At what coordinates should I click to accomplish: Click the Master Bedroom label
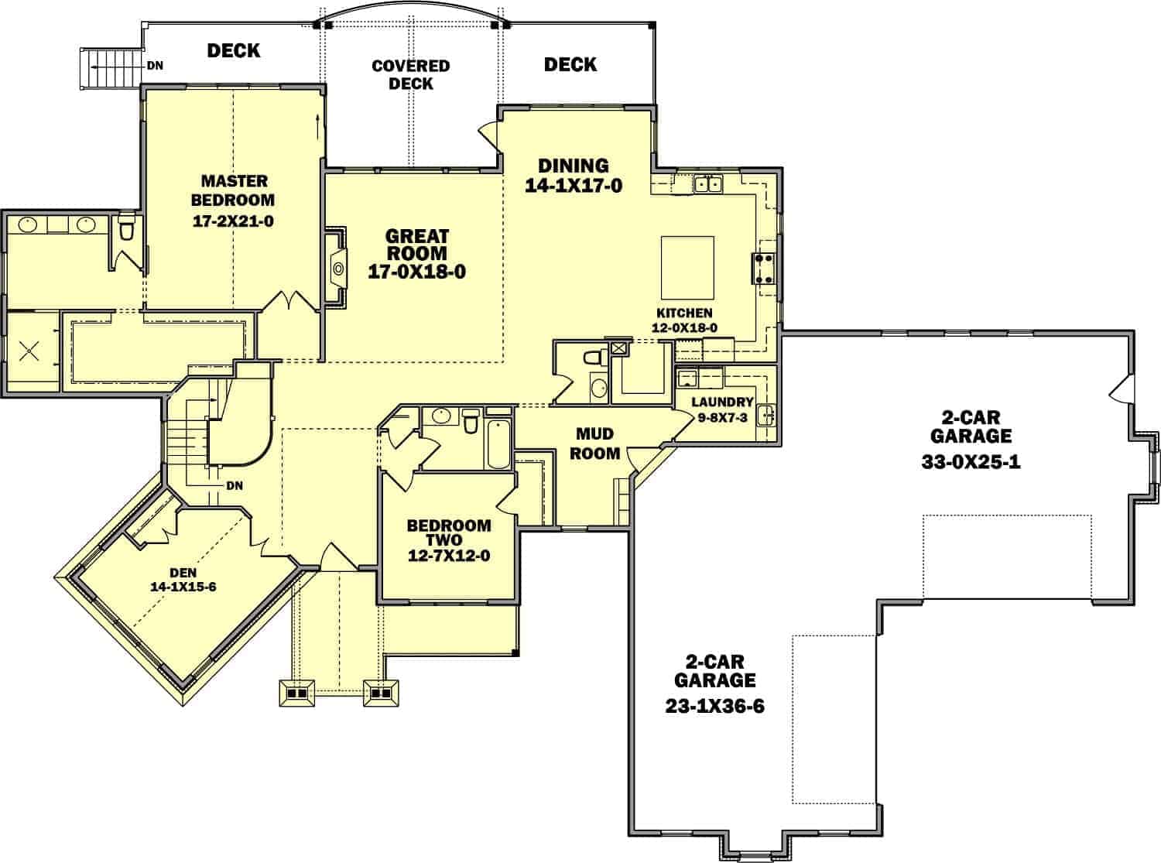pos(233,190)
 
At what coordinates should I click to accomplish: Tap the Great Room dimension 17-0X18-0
pos(416,272)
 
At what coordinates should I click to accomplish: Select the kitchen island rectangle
pos(687,268)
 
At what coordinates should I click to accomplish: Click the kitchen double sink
pos(708,184)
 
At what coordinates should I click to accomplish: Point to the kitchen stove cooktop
pos(764,269)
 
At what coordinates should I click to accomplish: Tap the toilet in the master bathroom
pos(126,228)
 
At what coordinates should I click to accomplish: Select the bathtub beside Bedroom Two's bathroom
pos(498,443)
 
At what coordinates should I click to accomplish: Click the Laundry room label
pos(722,402)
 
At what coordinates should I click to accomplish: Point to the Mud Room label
pos(594,443)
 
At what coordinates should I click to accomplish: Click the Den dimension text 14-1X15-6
pos(183,587)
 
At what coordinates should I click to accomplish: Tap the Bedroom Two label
pos(449,533)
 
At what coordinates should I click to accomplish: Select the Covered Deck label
pos(411,74)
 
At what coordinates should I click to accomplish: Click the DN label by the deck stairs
pos(155,66)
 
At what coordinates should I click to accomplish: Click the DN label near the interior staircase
pos(235,486)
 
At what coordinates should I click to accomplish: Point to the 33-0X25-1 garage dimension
pos(971,462)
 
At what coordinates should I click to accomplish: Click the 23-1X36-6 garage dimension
pos(714,707)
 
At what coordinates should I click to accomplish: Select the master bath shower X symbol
pos(29,351)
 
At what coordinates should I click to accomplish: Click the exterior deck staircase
pos(111,67)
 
